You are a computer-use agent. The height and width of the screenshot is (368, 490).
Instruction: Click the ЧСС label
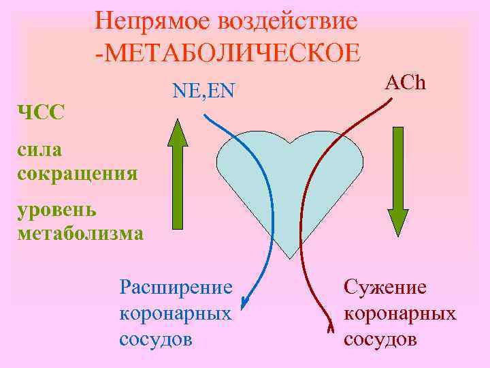pyautogui.click(x=41, y=112)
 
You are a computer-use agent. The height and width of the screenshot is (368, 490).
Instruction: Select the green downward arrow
pyautogui.click(x=398, y=184)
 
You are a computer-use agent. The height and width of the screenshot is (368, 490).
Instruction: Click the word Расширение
pyautogui.click(x=176, y=286)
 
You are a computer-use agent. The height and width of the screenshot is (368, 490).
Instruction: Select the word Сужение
pyautogui.click(x=385, y=287)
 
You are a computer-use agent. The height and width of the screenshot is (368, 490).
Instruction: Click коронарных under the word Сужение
pyautogui.click(x=400, y=313)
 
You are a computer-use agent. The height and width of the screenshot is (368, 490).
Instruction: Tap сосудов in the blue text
pyautogui.click(x=155, y=339)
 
